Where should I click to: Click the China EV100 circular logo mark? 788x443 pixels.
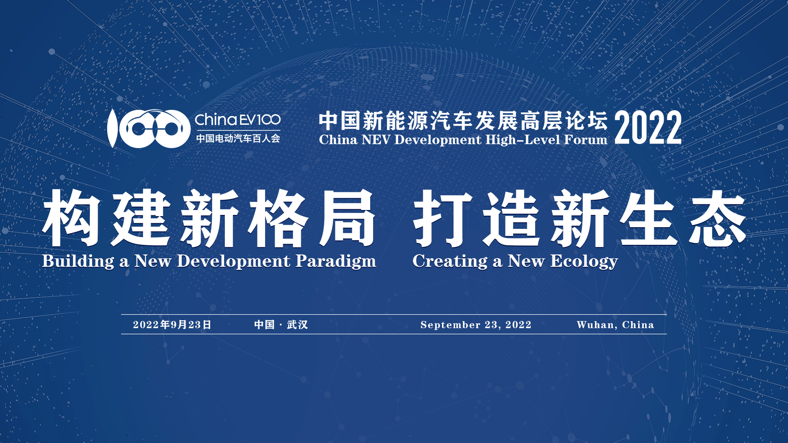point(149,128)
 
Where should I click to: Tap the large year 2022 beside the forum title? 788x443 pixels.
point(648,128)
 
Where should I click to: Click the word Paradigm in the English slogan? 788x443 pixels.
point(336,261)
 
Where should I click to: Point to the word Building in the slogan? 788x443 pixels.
point(78,261)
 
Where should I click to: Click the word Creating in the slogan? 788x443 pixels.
point(450,261)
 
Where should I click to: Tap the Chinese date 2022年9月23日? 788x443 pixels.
point(172,325)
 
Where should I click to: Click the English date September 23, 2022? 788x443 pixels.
point(476,325)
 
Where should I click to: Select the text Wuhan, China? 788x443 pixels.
point(615,325)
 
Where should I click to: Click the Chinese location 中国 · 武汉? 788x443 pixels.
point(281,325)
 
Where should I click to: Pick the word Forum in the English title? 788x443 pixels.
point(586,140)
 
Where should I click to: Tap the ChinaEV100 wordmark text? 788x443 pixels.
point(238,120)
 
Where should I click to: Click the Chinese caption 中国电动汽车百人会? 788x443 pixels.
point(238,139)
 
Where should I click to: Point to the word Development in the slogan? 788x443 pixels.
point(234,261)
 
